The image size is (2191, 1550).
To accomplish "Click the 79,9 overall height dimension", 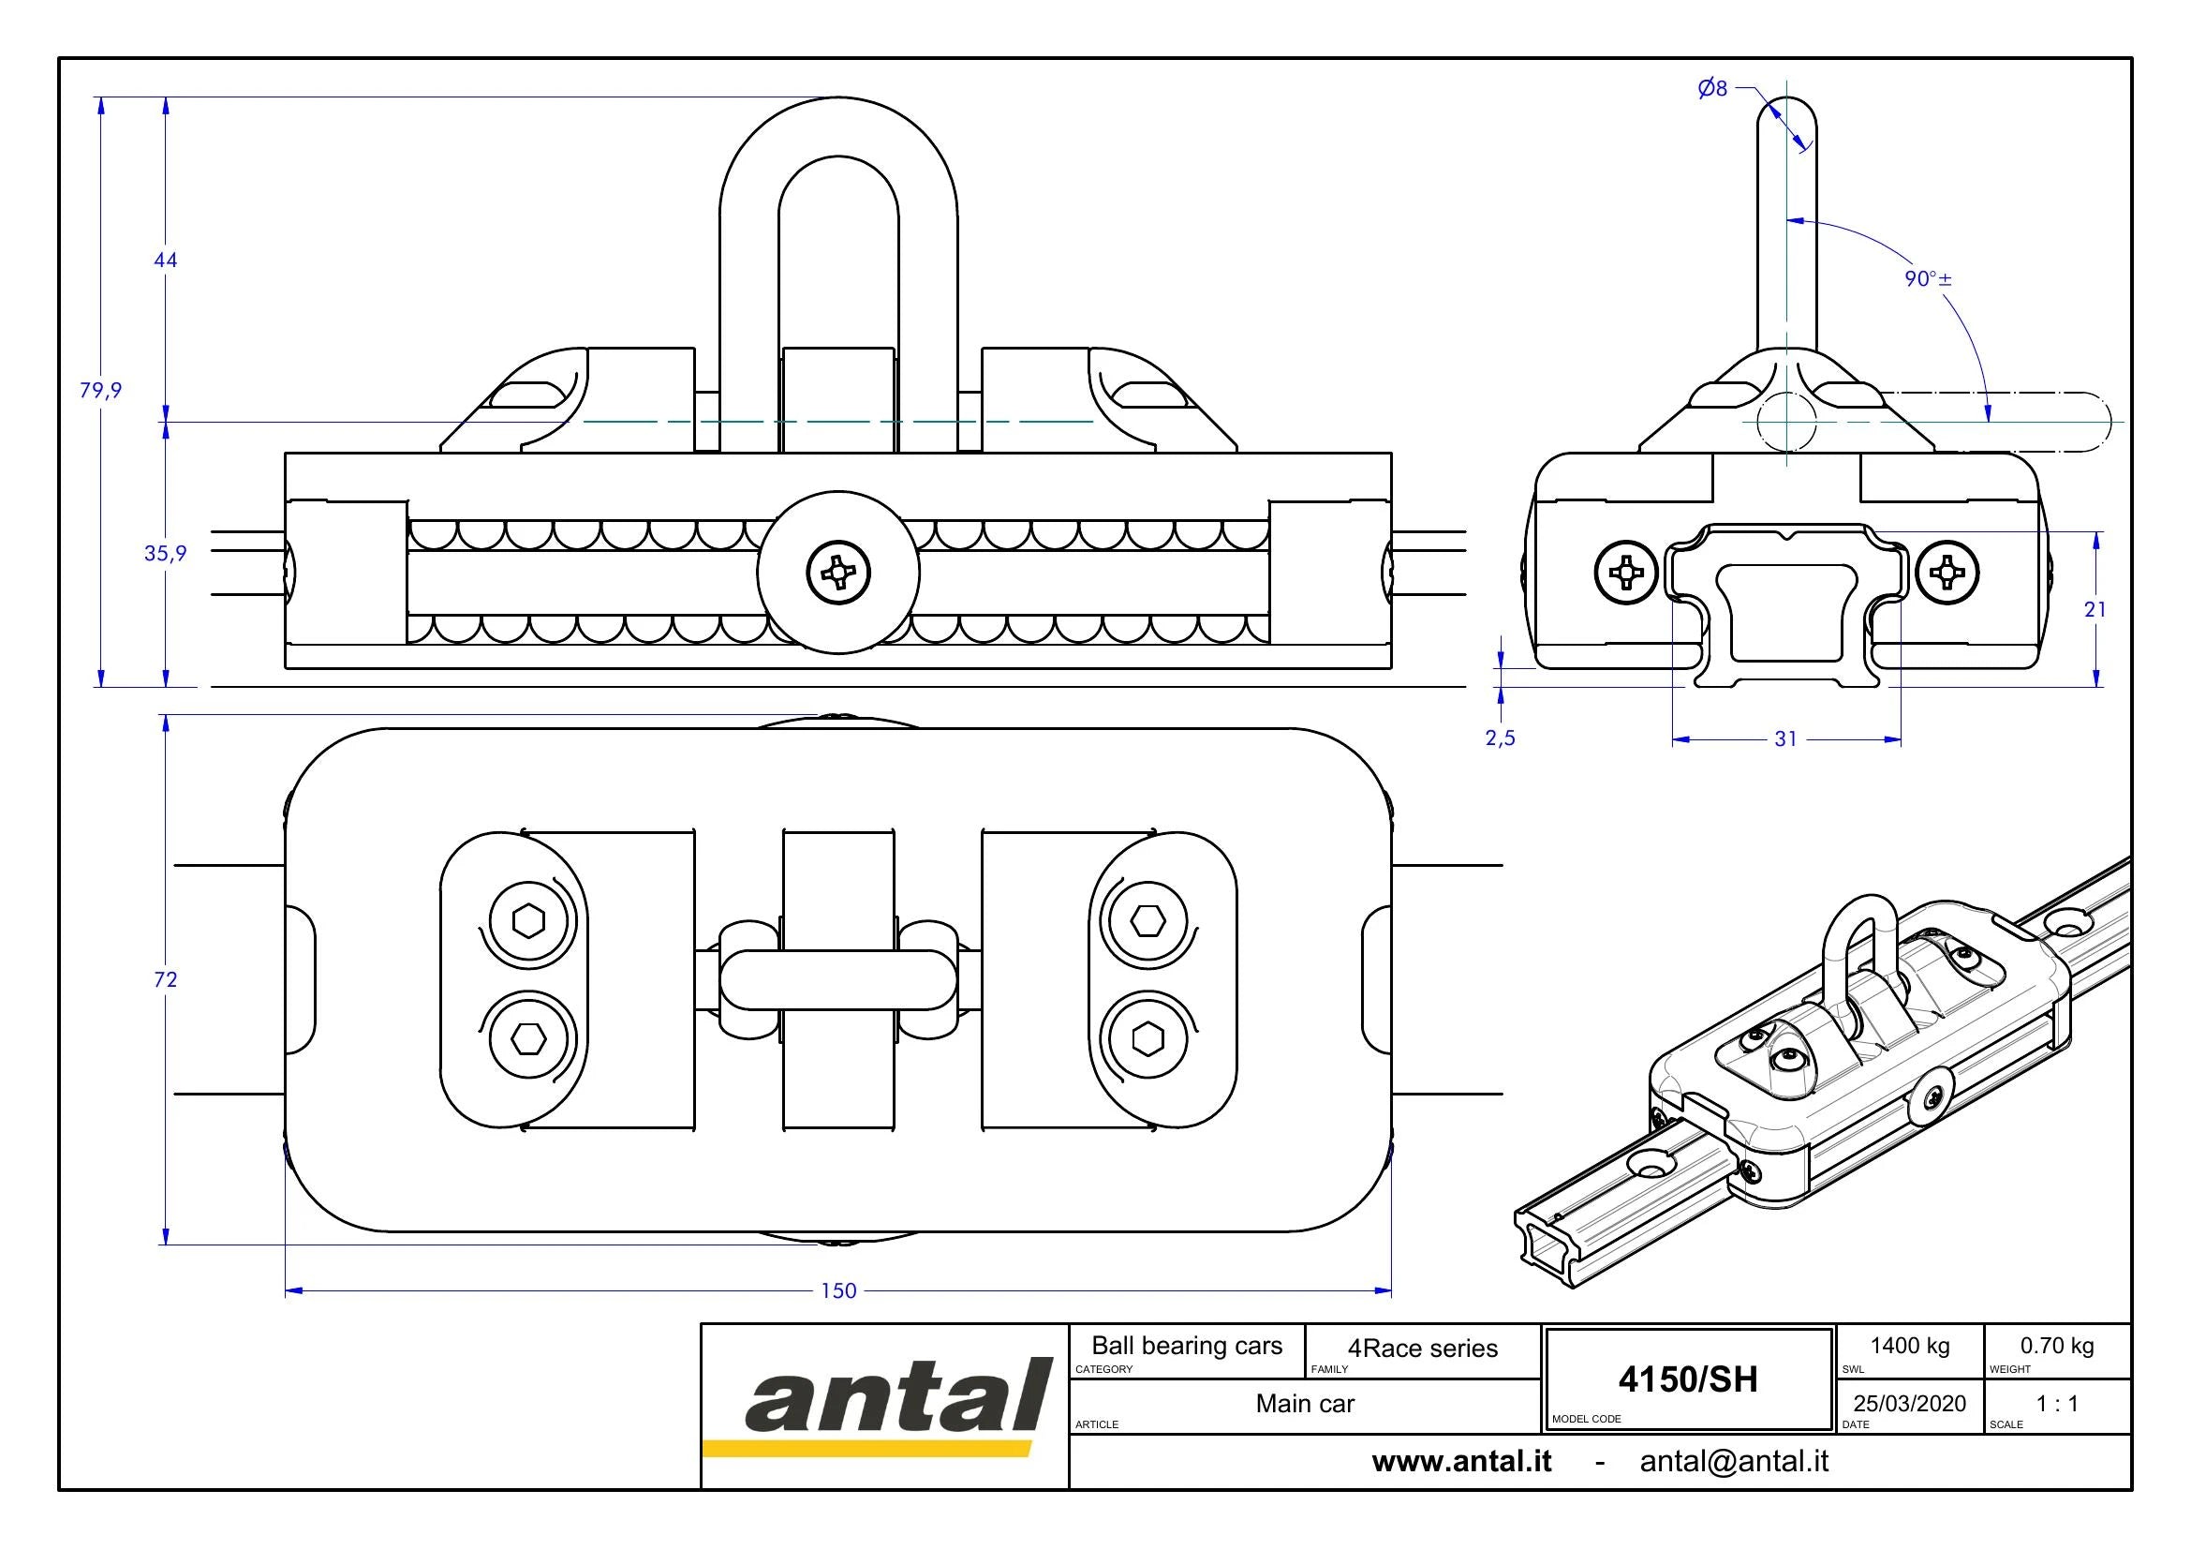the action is [x=100, y=390].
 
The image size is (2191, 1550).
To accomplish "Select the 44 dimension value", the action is [x=166, y=260].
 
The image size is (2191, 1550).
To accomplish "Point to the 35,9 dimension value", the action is [x=166, y=553].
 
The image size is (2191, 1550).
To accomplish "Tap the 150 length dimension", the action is [x=838, y=1290].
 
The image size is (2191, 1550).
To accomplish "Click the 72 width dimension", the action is [x=166, y=979].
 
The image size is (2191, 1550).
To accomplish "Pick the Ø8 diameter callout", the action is [x=1713, y=89].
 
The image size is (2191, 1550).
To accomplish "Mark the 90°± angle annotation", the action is [x=1929, y=278].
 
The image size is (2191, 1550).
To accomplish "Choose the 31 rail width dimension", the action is [x=1785, y=738].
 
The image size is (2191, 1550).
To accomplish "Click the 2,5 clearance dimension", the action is [x=1500, y=738].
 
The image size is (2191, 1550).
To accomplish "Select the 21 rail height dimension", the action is [x=2095, y=609].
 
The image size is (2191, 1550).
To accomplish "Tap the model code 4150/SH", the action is [x=1688, y=1379].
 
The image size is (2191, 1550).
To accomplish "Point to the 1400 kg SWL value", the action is [x=1909, y=1346].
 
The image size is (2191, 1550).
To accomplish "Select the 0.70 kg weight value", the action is [x=2056, y=1346].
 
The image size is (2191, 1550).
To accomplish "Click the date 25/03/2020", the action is [x=1909, y=1403].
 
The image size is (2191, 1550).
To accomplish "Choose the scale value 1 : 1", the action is [x=2056, y=1403].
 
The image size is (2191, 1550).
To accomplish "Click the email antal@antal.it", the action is [x=1734, y=1461].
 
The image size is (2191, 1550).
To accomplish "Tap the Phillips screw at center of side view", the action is [x=838, y=573].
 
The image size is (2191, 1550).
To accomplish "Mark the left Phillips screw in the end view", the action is [x=1626, y=573].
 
